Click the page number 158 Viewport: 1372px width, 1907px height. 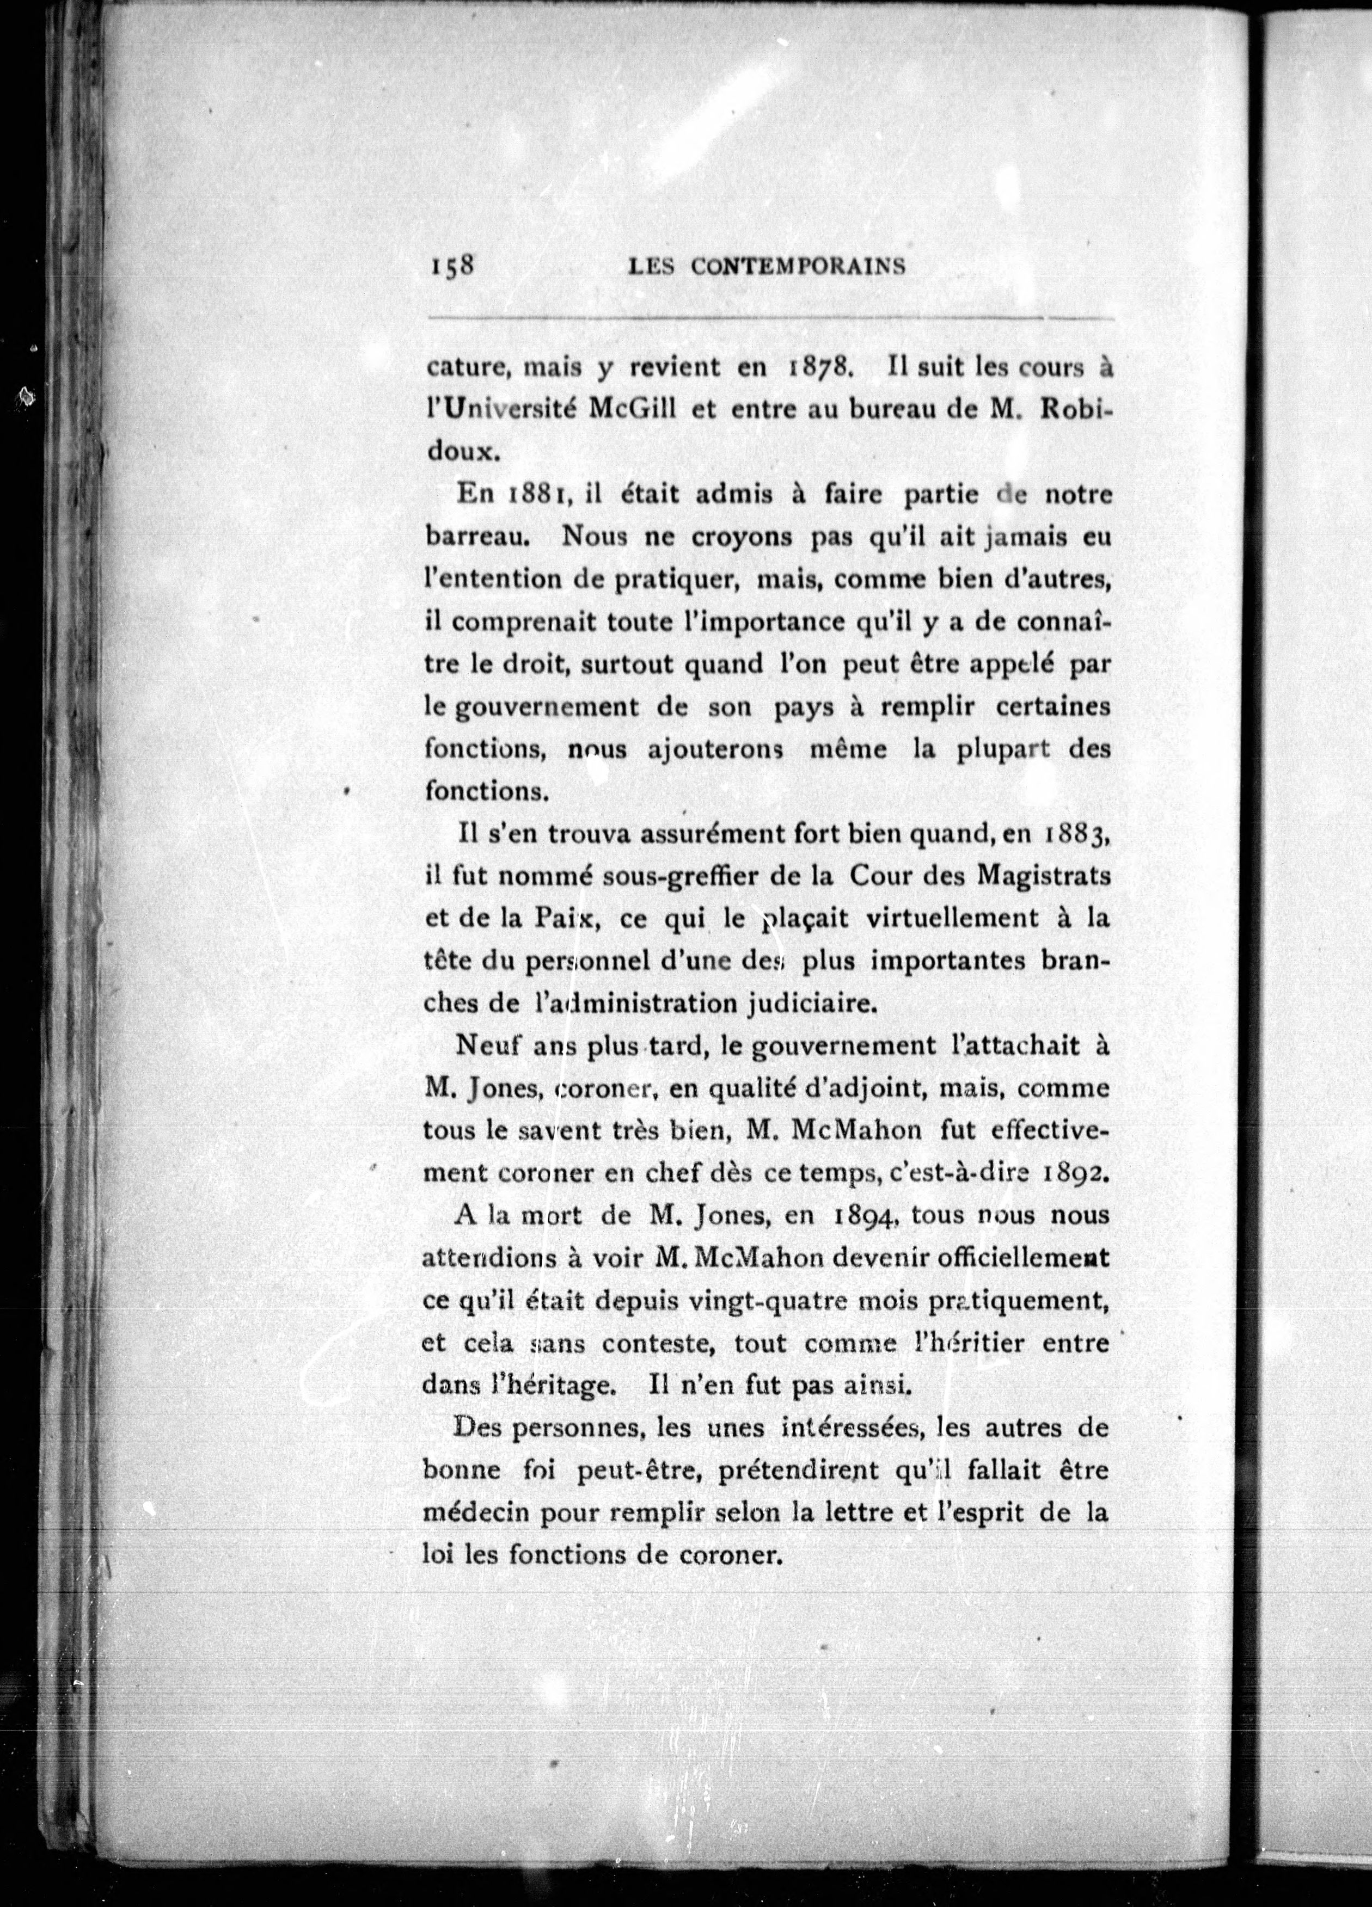pyautogui.click(x=454, y=265)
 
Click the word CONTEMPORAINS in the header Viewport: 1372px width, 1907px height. pyautogui.click(x=798, y=267)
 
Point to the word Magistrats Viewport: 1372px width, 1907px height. pyautogui.click(x=1043, y=876)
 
